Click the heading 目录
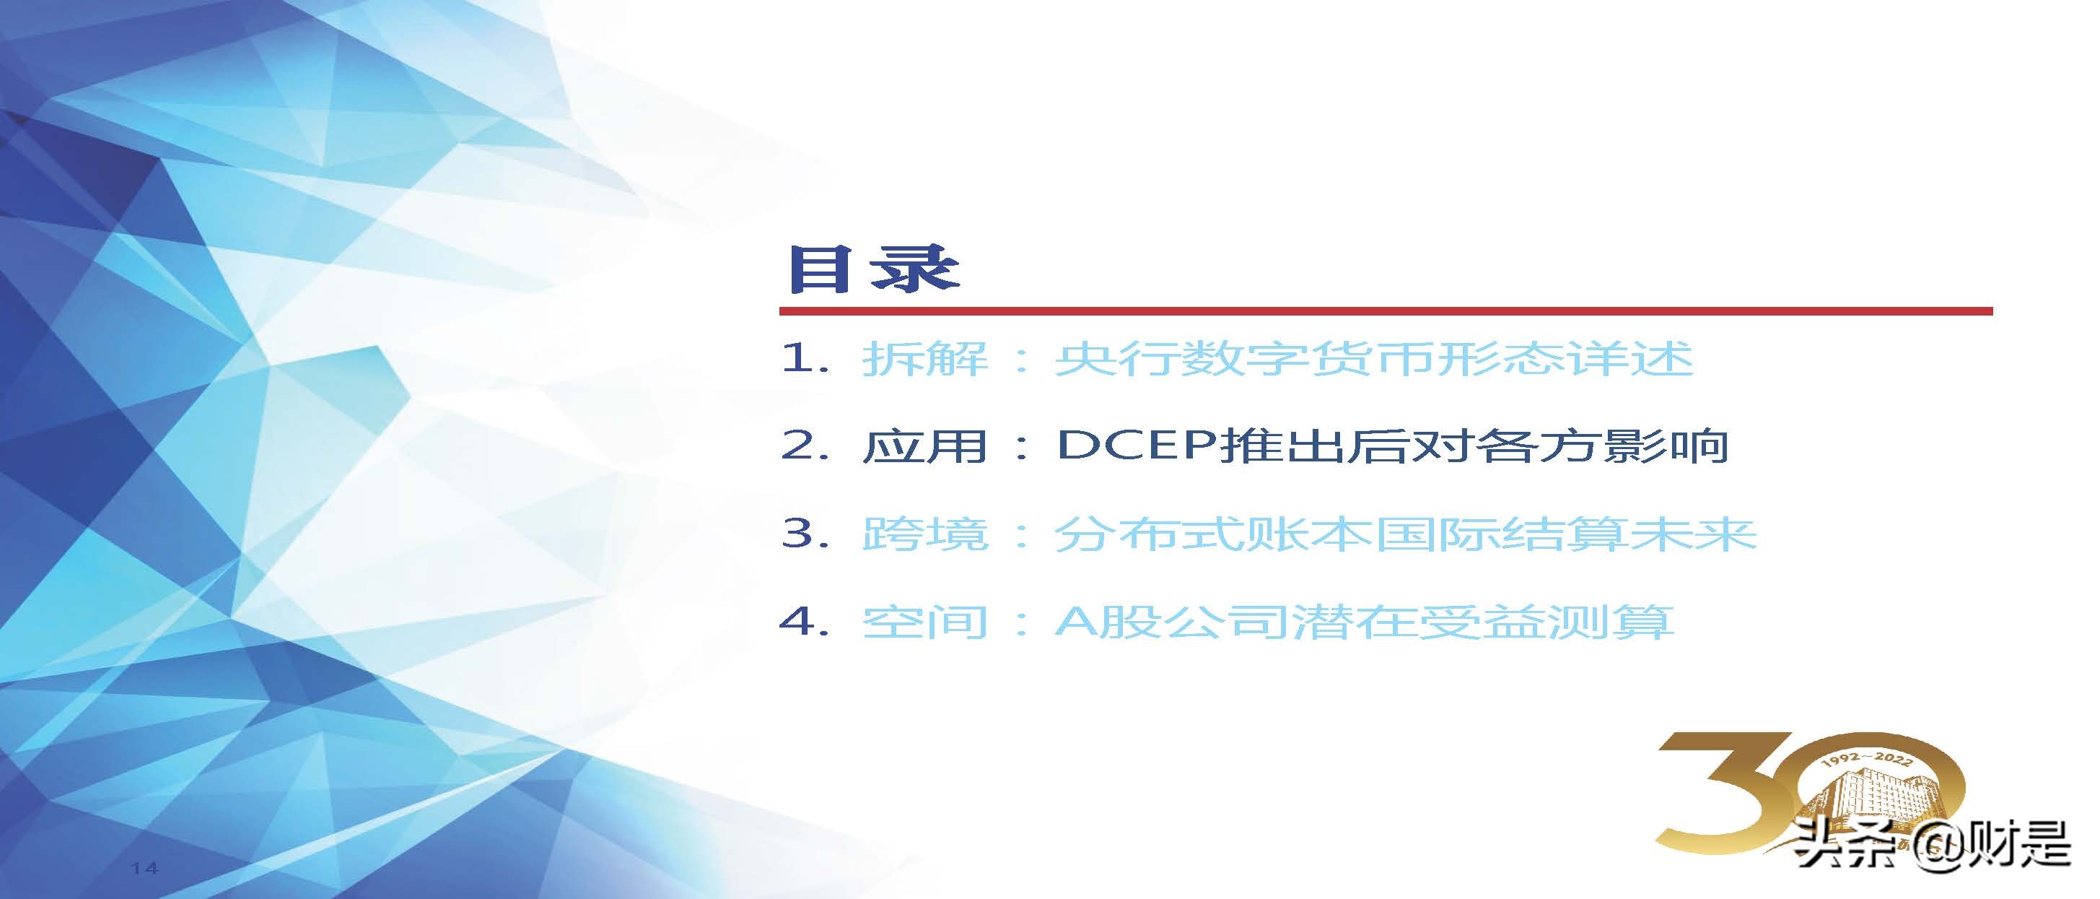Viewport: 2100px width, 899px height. [x=873, y=269]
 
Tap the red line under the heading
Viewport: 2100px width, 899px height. [x=1386, y=310]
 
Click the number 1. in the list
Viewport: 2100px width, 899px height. [x=805, y=358]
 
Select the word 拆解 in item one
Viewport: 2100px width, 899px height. [x=925, y=359]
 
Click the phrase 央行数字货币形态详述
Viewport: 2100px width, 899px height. [x=1373, y=359]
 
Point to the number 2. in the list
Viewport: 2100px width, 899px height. [x=805, y=446]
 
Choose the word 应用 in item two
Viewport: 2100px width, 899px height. [x=925, y=446]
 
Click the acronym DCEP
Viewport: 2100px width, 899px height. [x=1137, y=446]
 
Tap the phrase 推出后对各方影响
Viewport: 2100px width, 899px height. [x=1474, y=446]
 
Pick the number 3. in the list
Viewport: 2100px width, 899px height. [x=805, y=534]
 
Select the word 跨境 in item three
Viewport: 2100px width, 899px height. [x=925, y=534]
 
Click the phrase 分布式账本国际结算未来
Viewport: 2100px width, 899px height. [x=1404, y=534]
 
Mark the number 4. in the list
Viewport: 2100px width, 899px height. [x=805, y=622]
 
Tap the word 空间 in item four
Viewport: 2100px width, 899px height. [x=925, y=622]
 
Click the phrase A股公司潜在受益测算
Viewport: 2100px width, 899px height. [x=1364, y=622]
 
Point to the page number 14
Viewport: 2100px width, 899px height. [x=144, y=868]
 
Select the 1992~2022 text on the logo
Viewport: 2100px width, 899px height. [x=1867, y=760]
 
